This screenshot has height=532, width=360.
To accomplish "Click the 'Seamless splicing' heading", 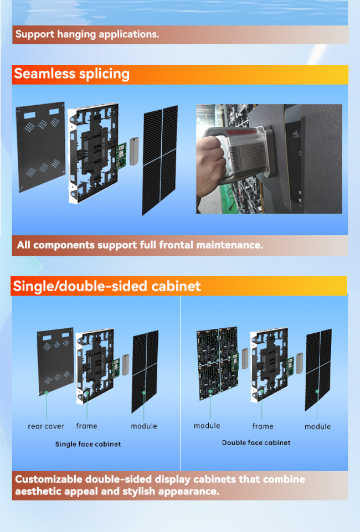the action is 71,74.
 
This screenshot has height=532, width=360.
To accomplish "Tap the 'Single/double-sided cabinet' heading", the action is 107,286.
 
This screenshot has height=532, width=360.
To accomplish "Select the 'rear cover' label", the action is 46,426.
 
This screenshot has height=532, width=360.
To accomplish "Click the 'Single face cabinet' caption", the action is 88,444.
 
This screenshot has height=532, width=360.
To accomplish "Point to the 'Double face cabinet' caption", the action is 256,443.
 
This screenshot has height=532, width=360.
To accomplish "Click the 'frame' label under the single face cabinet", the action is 86,426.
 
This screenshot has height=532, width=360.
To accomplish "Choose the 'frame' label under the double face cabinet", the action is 263,426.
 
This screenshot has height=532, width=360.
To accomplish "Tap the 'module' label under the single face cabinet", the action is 144,426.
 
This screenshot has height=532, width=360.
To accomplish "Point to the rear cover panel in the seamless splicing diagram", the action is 40,147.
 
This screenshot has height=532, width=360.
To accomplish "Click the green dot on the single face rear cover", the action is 47,393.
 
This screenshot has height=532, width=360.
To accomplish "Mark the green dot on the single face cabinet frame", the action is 87,393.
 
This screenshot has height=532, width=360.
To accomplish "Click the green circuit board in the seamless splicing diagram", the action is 121,156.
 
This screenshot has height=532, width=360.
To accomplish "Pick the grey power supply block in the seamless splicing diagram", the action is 135,151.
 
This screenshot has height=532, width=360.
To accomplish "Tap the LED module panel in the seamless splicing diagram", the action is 160,160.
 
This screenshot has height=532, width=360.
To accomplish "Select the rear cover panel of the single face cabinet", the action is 55,361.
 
